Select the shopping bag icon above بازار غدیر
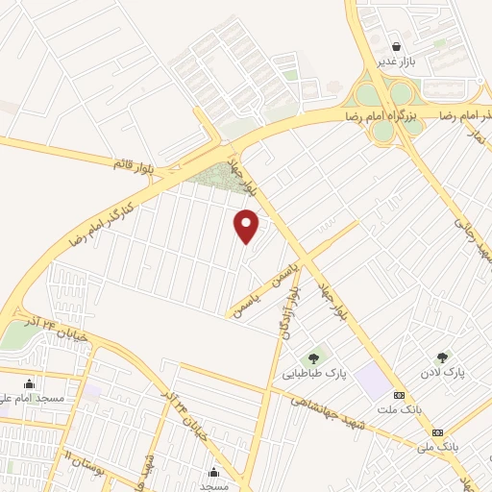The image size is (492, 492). point(396,46)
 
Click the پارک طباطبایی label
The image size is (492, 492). point(312,374)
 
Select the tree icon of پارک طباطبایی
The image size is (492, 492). point(313,359)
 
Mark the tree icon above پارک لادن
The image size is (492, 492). point(442,357)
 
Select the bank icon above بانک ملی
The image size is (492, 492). point(438,432)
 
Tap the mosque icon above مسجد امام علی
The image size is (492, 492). point(29,383)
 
